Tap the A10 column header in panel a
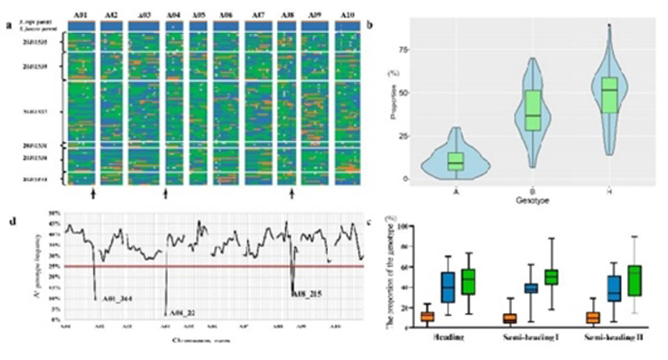tap(347, 15)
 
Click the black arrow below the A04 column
tap(166, 194)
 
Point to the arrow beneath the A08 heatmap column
tap(292, 194)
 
